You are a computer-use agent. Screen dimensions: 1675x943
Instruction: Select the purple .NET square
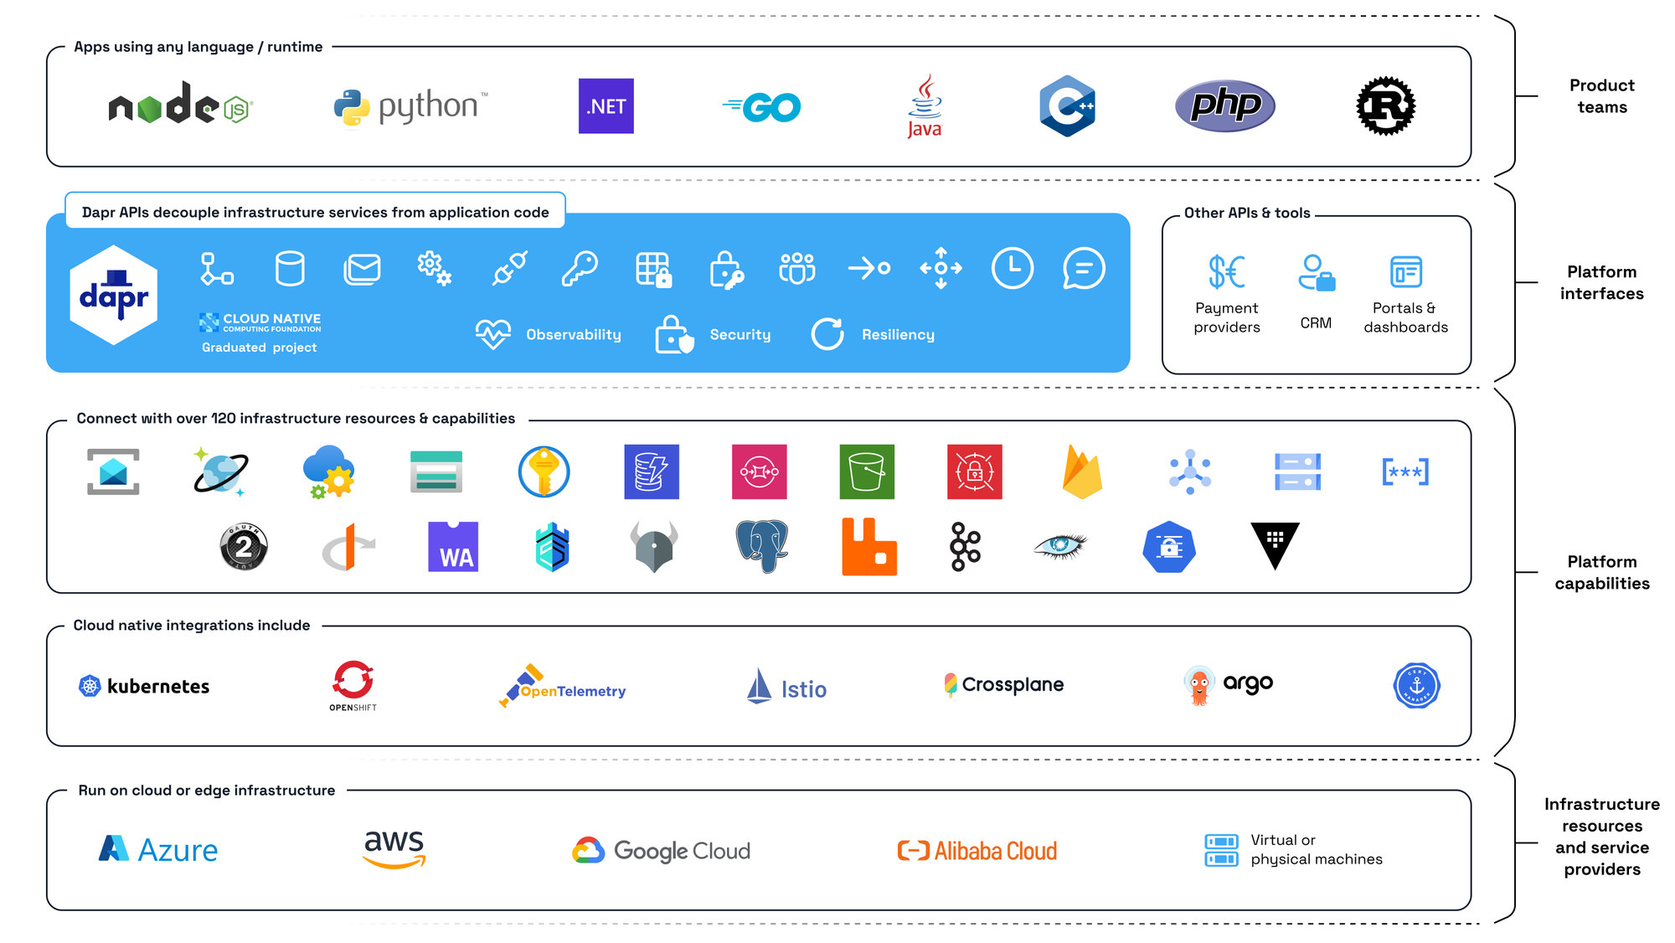tap(606, 106)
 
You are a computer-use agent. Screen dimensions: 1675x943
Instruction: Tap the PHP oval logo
tap(1224, 106)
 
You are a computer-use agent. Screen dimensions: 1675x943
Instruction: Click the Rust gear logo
tap(1385, 106)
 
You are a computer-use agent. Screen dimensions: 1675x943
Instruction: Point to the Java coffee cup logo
tap(925, 106)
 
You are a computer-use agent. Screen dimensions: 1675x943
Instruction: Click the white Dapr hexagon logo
tap(114, 295)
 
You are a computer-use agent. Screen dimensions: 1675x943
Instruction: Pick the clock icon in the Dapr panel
tap(1012, 268)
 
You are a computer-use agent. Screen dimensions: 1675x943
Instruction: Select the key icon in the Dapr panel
tap(580, 269)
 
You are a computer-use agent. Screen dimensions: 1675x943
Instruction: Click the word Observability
tap(574, 335)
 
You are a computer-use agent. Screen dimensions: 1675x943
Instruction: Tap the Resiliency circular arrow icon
tap(827, 334)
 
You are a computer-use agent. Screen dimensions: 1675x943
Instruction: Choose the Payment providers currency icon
tap(1226, 271)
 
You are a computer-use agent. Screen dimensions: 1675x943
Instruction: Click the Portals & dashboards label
tap(1405, 317)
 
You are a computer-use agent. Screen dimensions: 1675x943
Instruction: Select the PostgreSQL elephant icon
tap(762, 546)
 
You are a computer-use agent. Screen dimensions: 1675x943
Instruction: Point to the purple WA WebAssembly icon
tap(453, 547)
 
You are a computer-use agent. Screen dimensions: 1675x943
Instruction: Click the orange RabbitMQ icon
tap(869, 547)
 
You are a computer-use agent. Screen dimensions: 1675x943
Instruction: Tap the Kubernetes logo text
tap(158, 687)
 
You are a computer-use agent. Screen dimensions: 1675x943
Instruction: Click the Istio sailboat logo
tap(759, 686)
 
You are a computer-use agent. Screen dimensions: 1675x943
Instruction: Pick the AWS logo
tap(394, 848)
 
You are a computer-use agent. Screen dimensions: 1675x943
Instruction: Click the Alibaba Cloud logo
tap(977, 851)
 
